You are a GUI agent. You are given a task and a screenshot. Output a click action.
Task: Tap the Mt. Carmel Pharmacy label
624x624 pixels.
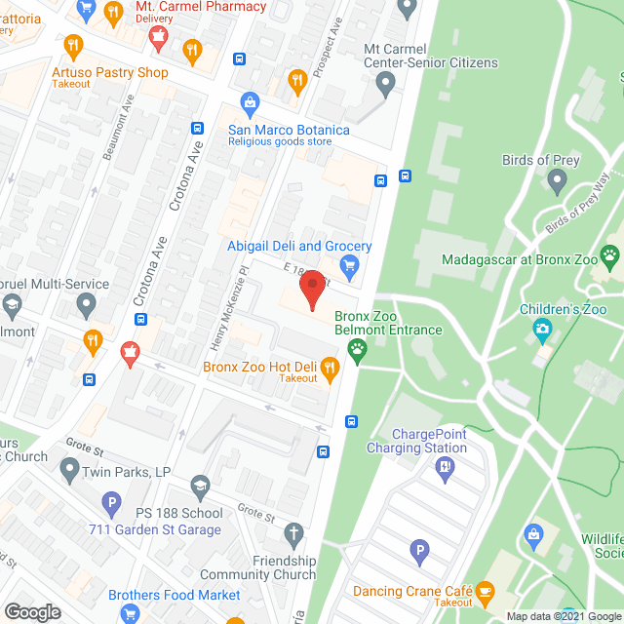[186, 7]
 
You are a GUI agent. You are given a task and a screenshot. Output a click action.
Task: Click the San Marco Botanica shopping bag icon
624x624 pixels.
[250, 102]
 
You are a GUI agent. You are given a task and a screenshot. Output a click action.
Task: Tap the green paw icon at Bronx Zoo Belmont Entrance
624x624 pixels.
[358, 349]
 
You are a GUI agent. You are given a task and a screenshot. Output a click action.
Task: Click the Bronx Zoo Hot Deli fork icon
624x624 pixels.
[330, 368]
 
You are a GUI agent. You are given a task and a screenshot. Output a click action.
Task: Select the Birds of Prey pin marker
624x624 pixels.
[558, 179]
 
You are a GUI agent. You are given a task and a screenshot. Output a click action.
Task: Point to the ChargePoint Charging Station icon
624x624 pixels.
[446, 466]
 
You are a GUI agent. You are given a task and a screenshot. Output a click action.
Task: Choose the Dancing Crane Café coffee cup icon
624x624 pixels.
[486, 590]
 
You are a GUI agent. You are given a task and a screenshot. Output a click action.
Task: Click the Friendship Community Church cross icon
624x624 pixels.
[293, 533]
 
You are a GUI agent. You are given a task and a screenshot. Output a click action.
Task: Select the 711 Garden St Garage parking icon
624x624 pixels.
[112, 504]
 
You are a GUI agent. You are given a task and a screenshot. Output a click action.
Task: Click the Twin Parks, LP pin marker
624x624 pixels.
[69, 471]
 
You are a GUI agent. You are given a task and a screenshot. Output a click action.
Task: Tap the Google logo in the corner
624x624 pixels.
[32, 611]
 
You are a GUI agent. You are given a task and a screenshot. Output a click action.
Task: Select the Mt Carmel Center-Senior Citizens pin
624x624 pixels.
[386, 83]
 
